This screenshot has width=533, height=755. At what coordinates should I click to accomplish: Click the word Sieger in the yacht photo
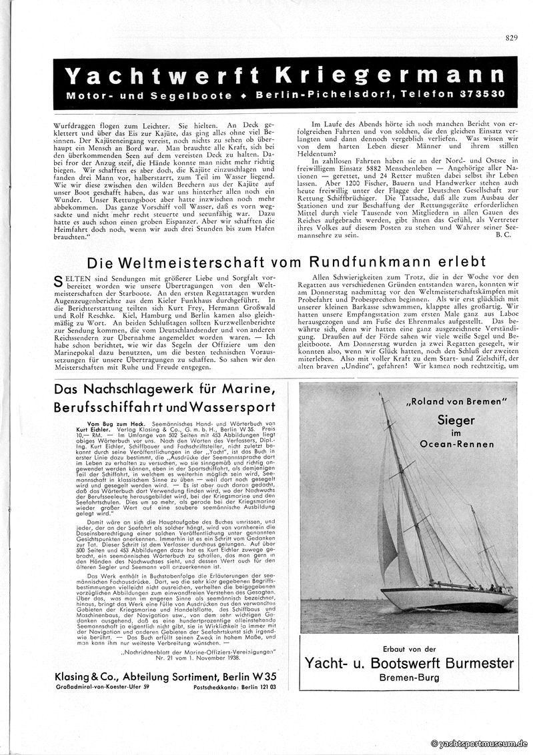tap(456, 420)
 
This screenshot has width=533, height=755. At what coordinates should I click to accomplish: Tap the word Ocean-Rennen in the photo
tap(456, 444)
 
